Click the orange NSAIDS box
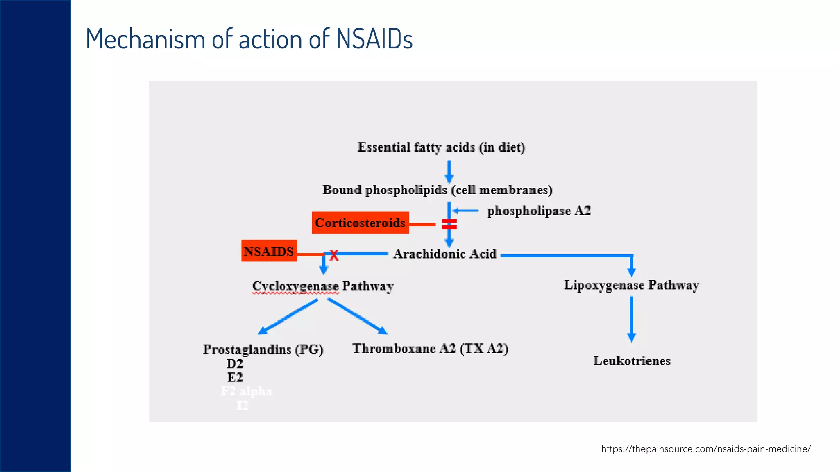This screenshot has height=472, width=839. [269, 251]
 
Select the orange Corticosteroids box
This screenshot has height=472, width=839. [360, 222]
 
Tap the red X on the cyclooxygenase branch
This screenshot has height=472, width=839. [334, 256]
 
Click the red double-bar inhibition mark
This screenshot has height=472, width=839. [449, 224]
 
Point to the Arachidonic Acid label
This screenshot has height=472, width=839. [444, 254]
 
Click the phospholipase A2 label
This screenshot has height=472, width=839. [539, 211]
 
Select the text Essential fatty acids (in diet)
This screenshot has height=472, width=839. [441, 147]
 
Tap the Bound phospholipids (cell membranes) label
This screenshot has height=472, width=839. [438, 190]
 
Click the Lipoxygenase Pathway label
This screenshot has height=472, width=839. [631, 285]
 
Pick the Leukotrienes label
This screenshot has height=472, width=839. [632, 361]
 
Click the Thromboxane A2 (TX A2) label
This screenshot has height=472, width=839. [430, 348]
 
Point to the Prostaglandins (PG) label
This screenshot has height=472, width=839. [263, 349]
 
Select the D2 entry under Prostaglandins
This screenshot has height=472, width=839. [235, 363]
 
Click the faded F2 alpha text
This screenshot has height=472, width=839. [246, 391]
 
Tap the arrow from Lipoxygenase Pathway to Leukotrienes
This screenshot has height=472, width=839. [631, 319]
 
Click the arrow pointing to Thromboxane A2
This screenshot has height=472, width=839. [358, 316]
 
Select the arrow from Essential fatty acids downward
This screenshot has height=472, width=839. [449, 171]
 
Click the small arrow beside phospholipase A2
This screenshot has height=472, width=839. [465, 211]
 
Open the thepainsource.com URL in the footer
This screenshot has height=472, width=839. [705, 449]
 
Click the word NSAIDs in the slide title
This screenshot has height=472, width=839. [374, 39]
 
